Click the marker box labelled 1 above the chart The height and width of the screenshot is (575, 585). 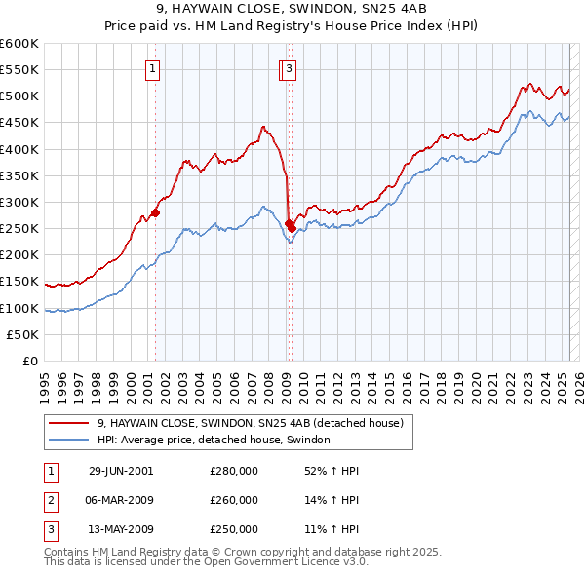pyautogui.click(x=155, y=68)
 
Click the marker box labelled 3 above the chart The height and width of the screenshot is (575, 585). pyautogui.click(x=291, y=68)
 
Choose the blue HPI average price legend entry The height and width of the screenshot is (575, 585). pyautogui.click(x=214, y=441)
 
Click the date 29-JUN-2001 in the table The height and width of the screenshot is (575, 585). pyautogui.click(x=121, y=471)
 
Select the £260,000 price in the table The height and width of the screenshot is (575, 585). pyautogui.click(x=234, y=500)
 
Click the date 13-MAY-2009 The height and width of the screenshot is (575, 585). pyautogui.click(x=121, y=529)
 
